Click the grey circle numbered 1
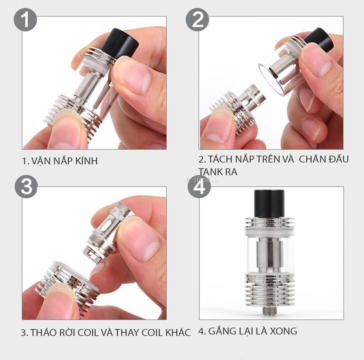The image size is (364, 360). click(x=25, y=20)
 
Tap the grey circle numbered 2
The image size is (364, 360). click(x=197, y=20)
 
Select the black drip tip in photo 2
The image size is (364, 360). click(x=319, y=39)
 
